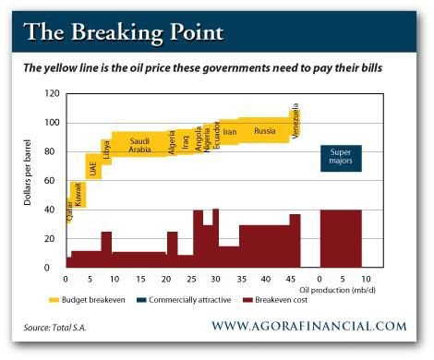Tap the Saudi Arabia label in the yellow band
click(139, 144)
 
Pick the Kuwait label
click(78, 194)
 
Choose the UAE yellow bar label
click(92, 168)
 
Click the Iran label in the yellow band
click(230, 132)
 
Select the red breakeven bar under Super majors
click(341, 238)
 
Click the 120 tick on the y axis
click(52, 94)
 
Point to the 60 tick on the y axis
click(54, 181)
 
